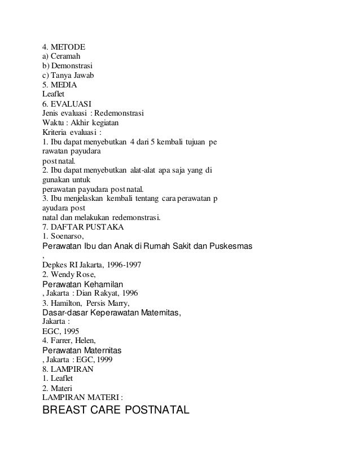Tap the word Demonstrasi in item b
point(73,66)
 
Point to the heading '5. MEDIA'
point(60,85)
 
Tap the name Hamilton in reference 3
point(68,304)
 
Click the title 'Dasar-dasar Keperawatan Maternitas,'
point(112,313)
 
